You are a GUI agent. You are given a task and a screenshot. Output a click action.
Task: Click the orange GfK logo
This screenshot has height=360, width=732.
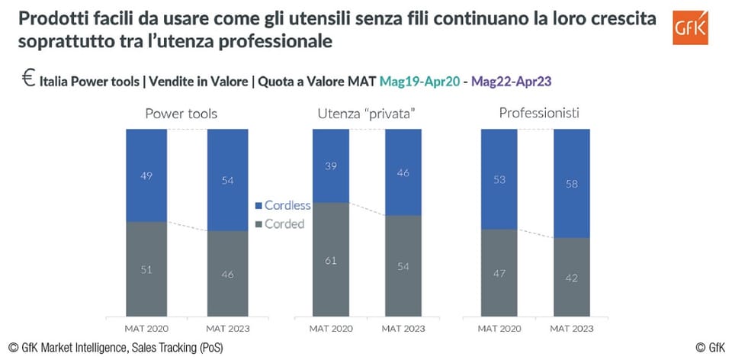tap(691, 27)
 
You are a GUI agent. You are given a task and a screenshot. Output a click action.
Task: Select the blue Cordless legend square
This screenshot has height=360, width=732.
tap(258, 205)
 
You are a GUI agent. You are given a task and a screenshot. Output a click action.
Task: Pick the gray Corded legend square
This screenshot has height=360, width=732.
tap(258, 224)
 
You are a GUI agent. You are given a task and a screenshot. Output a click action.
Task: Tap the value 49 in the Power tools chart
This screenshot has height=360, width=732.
tap(146, 176)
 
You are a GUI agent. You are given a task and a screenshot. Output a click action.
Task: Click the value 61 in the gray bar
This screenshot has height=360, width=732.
tap(330, 261)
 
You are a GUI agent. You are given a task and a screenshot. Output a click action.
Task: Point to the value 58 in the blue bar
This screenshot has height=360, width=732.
tap(571, 184)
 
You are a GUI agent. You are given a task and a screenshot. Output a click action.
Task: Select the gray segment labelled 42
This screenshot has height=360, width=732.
tap(571, 277)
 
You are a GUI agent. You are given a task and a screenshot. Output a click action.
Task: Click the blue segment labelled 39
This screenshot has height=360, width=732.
tap(330, 166)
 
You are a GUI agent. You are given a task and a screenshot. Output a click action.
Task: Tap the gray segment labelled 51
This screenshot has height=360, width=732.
tap(146, 269)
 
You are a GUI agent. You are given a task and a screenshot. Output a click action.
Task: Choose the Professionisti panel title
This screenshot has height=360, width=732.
tap(539, 113)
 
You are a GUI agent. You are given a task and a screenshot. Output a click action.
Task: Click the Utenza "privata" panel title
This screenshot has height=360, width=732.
tap(367, 114)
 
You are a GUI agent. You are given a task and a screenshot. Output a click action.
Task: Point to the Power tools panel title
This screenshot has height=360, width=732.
tap(181, 114)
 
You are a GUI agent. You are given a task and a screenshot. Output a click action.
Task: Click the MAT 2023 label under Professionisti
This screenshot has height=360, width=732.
tap(571, 329)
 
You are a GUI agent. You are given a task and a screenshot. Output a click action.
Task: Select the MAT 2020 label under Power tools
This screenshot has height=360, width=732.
tap(146, 329)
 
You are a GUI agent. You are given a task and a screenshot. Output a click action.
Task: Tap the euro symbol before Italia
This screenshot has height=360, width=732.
tap(28, 79)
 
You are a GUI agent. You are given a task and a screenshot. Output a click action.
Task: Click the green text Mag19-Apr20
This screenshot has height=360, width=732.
tap(419, 82)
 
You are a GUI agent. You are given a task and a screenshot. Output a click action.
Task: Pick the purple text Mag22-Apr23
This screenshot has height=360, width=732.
tap(511, 82)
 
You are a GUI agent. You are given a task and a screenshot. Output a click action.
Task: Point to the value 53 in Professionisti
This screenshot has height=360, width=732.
tap(499, 180)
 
